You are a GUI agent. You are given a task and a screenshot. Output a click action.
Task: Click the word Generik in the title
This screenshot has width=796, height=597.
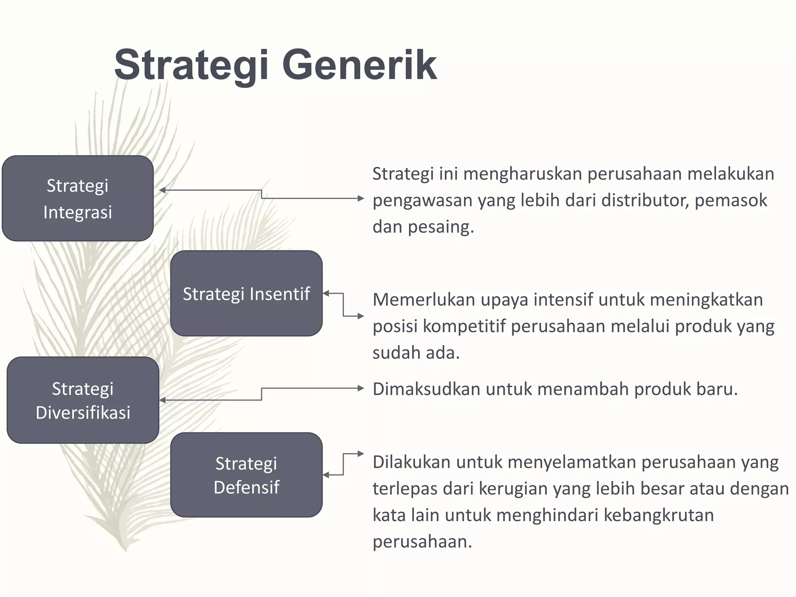(x=359, y=65)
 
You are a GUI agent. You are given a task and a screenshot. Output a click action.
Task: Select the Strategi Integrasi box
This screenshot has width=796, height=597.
(x=78, y=199)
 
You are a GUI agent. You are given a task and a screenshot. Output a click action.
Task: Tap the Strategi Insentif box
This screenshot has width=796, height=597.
(x=246, y=293)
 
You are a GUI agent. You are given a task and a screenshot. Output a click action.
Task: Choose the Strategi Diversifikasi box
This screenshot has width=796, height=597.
(x=83, y=400)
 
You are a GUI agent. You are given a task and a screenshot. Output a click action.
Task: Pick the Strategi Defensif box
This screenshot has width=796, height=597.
(x=246, y=475)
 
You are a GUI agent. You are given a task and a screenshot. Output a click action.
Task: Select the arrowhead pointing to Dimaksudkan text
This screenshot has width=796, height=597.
(x=360, y=388)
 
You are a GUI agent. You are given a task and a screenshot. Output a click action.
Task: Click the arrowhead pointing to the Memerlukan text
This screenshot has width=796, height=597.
(x=360, y=316)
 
